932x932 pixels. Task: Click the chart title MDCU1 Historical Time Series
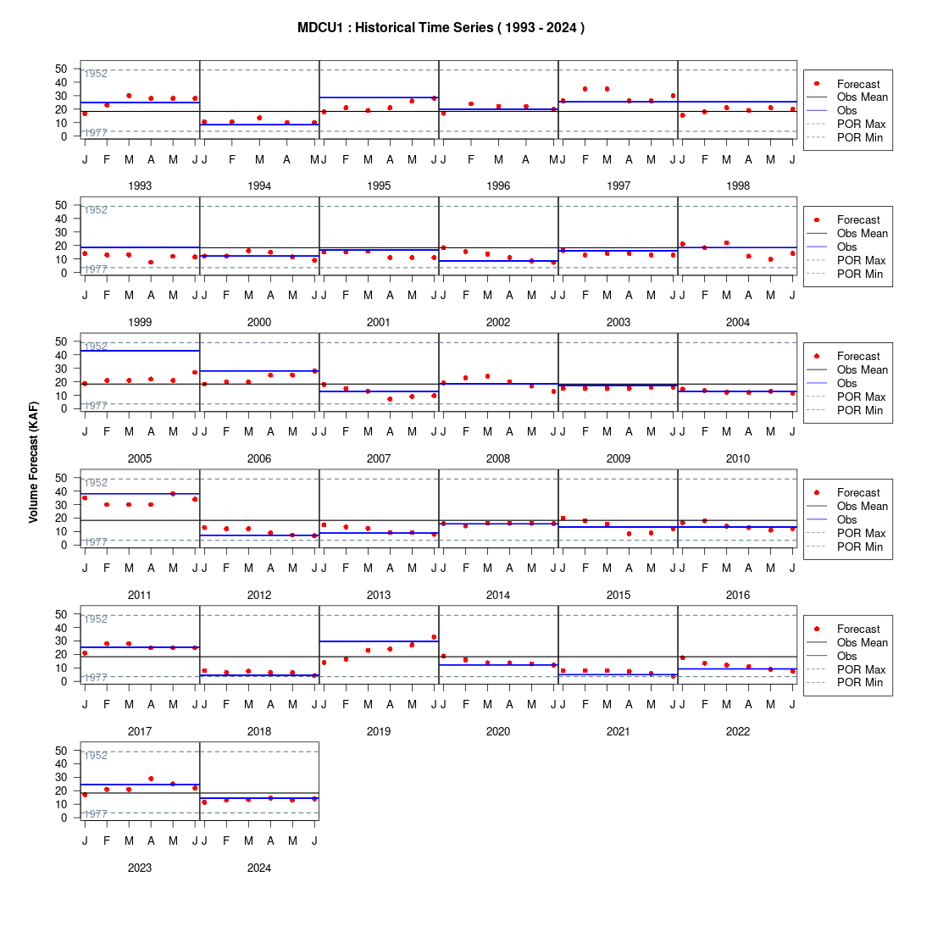tap(441, 28)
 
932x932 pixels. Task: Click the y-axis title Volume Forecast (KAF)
tap(33, 463)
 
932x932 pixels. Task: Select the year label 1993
tap(140, 186)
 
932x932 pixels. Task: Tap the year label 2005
tap(140, 459)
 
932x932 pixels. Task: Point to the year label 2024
tap(259, 868)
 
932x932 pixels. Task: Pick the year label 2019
tap(379, 732)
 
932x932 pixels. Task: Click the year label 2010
tap(738, 459)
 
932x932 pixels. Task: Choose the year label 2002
tap(498, 322)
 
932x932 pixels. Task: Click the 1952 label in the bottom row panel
tap(96, 756)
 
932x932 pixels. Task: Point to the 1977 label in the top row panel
tap(96, 132)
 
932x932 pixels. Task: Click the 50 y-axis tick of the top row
tap(61, 69)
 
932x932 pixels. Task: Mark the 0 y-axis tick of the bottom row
tap(64, 818)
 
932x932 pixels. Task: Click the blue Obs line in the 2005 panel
tap(140, 351)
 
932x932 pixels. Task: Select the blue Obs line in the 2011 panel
tap(140, 494)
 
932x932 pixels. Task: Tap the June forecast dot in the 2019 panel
tap(434, 637)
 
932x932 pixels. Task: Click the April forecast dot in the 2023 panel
tap(151, 779)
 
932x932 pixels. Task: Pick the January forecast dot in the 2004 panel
tap(682, 244)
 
